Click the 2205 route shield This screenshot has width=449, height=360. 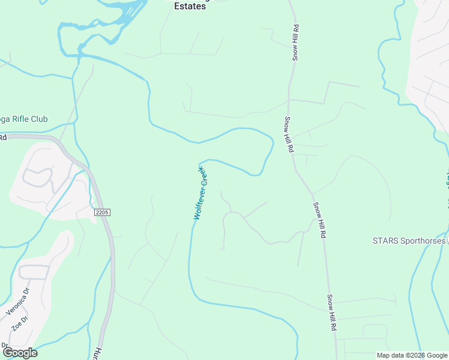tap(103, 212)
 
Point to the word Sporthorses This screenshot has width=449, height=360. tap(423, 241)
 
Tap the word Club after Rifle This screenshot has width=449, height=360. tap(40, 119)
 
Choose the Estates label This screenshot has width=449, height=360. tap(188, 6)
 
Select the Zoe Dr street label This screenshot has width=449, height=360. tap(20, 326)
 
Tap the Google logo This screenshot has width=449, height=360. tap(19, 353)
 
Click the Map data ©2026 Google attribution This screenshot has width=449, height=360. tap(412, 355)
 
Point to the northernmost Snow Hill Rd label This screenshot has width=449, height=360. tap(295, 42)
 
